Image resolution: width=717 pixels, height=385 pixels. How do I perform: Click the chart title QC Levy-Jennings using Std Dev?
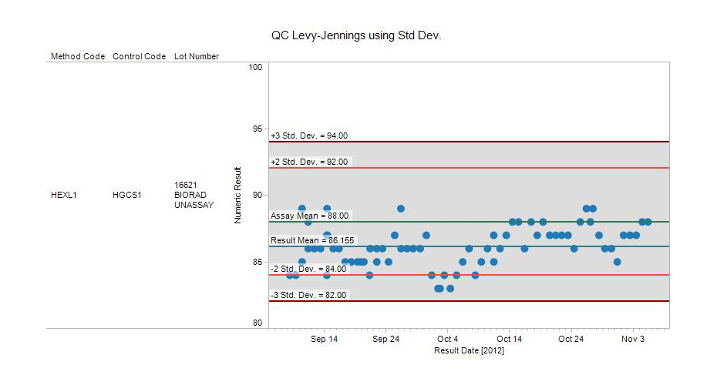(x=355, y=35)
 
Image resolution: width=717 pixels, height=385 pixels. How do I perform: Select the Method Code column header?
(x=78, y=56)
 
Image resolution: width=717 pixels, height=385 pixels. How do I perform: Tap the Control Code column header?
(x=140, y=56)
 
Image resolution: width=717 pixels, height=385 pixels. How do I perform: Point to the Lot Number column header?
(x=197, y=56)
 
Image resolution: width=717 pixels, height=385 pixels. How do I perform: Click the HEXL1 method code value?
(x=64, y=195)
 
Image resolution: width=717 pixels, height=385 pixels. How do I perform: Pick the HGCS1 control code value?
(x=127, y=195)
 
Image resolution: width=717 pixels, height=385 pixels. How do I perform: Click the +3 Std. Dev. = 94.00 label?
(x=309, y=136)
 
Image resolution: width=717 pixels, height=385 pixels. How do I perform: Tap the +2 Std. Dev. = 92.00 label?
(x=309, y=162)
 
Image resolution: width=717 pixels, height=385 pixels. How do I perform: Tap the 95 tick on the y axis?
(x=258, y=129)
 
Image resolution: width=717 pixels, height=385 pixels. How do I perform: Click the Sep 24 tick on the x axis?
(x=385, y=339)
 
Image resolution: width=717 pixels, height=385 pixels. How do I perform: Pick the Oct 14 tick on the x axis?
(x=509, y=339)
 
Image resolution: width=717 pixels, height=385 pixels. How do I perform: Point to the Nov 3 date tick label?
(x=633, y=339)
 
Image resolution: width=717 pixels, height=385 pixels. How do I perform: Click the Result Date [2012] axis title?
(x=469, y=350)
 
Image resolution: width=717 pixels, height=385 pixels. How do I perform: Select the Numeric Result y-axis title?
(x=237, y=195)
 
